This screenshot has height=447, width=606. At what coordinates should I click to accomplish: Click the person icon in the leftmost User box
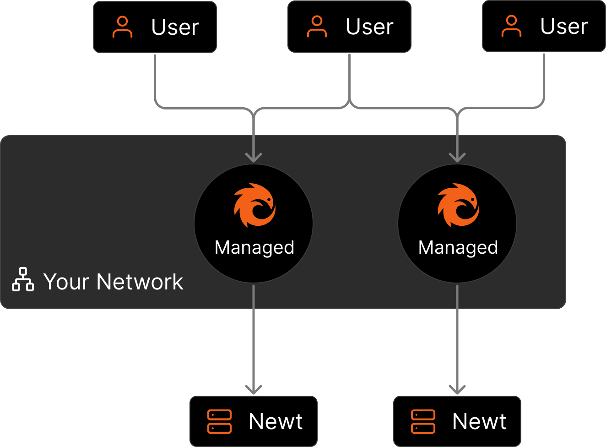122,27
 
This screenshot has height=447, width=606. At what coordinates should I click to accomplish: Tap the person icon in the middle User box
317,27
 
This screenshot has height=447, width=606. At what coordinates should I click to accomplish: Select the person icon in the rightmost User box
511,26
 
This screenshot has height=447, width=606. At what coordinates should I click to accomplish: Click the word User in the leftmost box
175,27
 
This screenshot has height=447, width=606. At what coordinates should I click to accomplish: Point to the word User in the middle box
369,27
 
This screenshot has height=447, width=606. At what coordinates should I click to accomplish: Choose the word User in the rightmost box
564,27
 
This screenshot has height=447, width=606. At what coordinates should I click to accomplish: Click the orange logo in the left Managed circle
254,205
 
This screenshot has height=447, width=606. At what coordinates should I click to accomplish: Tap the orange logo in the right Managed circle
458,205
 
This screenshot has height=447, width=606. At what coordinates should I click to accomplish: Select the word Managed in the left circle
254,248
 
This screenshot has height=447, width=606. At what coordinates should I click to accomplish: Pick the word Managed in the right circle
458,248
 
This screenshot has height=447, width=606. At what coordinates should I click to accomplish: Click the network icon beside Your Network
23,279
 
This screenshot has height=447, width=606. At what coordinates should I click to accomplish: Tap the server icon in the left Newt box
219,422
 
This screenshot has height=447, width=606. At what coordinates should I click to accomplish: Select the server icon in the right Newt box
423,422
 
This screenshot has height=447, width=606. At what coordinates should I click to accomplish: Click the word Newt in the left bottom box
276,422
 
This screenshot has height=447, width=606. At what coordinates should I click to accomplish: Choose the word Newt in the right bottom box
479,422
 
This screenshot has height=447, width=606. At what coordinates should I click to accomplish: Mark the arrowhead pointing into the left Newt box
254,390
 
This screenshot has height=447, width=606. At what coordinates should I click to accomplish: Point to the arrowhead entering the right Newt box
457,390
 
